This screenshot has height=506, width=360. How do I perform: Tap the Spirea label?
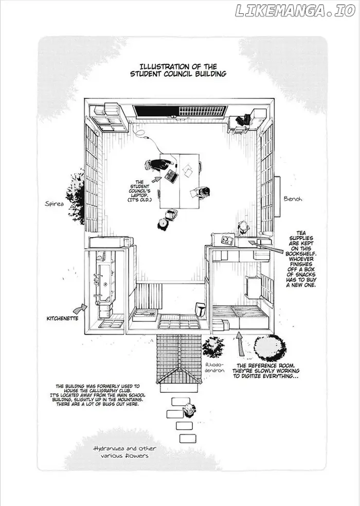(55, 204)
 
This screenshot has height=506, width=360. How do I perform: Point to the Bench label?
(293, 199)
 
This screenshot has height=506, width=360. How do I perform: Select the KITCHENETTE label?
(62, 318)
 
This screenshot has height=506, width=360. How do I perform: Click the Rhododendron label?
(214, 367)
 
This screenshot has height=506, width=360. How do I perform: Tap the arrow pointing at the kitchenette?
(80, 309)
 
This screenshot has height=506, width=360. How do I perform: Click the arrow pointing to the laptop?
(156, 179)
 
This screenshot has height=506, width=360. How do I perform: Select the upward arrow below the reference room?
(239, 344)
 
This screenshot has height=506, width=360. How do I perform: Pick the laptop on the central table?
(171, 176)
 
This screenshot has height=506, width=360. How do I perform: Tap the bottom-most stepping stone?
(188, 439)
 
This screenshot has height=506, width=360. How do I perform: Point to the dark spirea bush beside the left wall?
(76, 197)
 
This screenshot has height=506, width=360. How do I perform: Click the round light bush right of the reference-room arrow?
(269, 348)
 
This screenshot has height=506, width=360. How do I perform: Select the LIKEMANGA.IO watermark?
(295, 11)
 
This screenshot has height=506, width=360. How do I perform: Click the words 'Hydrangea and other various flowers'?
(124, 452)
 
